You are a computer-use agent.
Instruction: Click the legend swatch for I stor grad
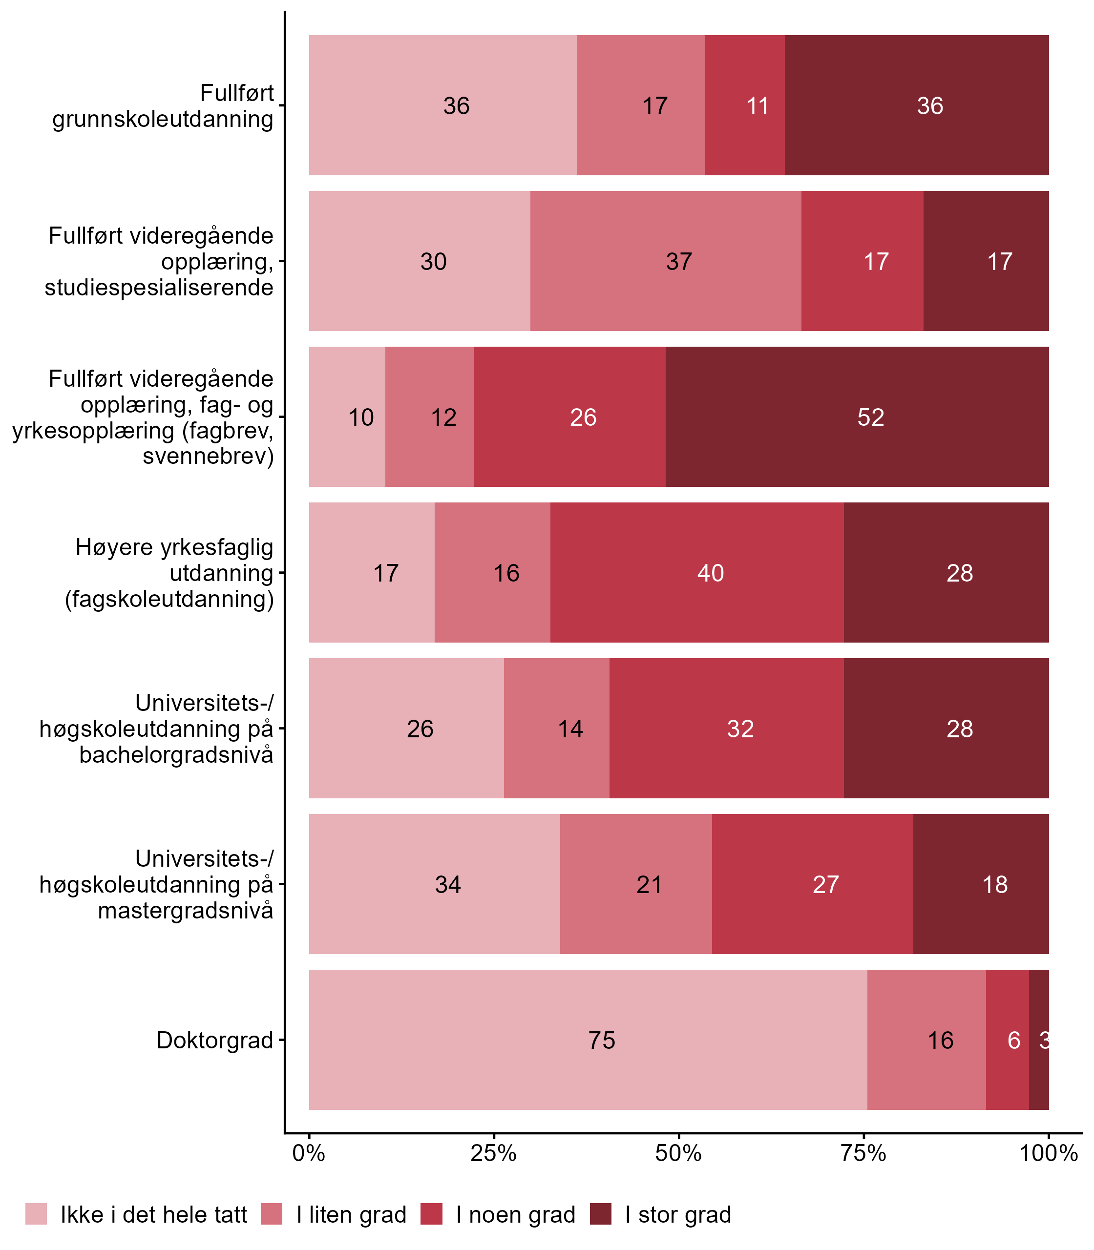coord(600,1214)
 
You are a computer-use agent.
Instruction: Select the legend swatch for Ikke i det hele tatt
coord(36,1214)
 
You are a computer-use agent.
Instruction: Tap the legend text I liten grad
coord(351,1215)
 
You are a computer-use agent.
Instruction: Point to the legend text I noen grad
coord(515,1215)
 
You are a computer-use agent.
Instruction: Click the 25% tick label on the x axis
coord(493,1153)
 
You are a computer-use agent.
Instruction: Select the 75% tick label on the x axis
coord(863,1153)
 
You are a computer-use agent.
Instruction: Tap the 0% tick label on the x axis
coord(308,1153)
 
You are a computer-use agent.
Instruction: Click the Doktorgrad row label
coord(214,1040)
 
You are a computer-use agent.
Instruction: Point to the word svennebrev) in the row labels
coord(208,456)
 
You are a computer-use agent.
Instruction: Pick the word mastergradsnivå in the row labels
coord(186,910)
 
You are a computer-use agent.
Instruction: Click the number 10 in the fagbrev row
coord(361,417)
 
